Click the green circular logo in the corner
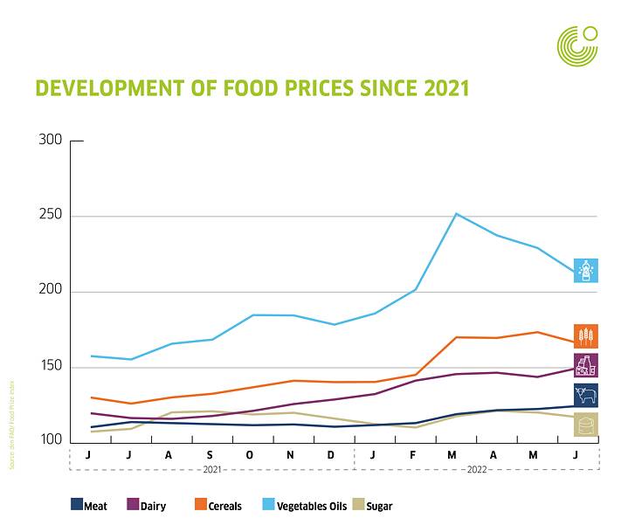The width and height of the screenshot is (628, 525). (x=578, y=45)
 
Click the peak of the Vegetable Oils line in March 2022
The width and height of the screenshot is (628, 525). (x=456, y=213)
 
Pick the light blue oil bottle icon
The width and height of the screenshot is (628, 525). (x=585, y=270)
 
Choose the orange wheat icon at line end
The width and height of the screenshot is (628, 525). (x=585, y=335)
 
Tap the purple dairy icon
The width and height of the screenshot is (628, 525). (x=585, y=365)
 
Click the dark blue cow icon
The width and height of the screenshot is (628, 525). (x=585, y=395)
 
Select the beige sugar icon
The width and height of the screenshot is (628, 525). (x=585, y=425)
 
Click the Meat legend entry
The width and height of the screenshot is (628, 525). (x=89, y=505)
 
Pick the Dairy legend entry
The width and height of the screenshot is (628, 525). (x=147, y=505)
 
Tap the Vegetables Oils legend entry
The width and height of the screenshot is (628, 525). (x=302, y=505)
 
